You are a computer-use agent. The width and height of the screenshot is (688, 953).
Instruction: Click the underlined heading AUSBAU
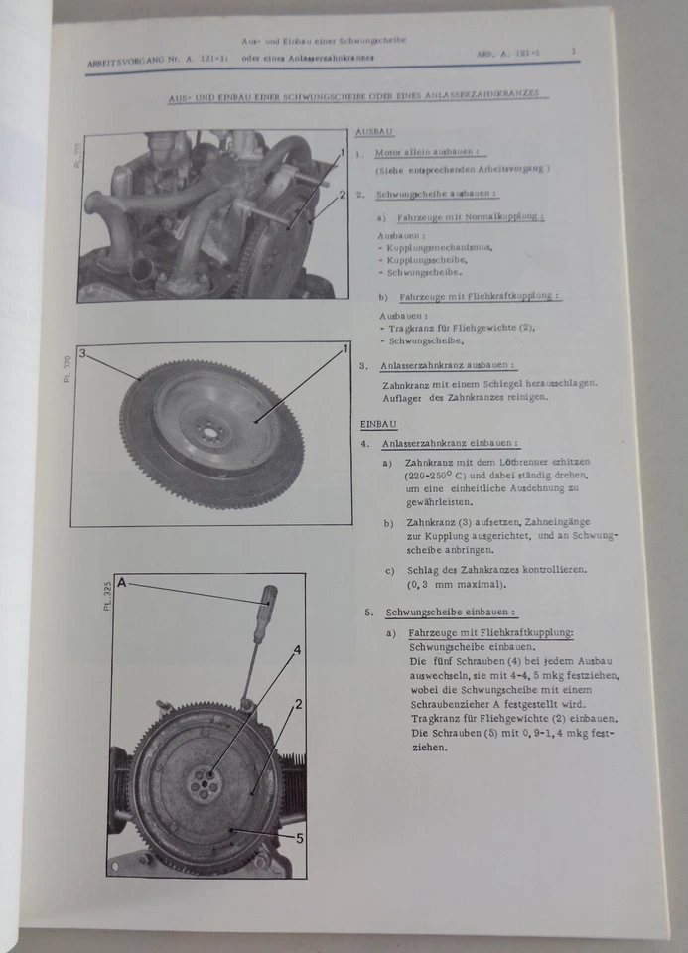point(374,131)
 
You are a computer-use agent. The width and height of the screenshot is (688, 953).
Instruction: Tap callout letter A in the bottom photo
point(121,583)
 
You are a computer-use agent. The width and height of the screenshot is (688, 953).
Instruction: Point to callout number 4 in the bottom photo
point(296,651)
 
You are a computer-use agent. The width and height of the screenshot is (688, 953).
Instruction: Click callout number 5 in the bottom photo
point(299,837)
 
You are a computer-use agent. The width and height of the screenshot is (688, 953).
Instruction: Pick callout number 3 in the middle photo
point(84,353)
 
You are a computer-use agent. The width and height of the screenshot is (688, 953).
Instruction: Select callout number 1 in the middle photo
point(344,348)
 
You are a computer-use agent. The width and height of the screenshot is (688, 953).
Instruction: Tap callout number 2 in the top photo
point(341,195)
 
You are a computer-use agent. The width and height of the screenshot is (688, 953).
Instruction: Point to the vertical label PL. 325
point(105,594)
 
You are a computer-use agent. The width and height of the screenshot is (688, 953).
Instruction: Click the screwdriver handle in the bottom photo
point(266,615)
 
